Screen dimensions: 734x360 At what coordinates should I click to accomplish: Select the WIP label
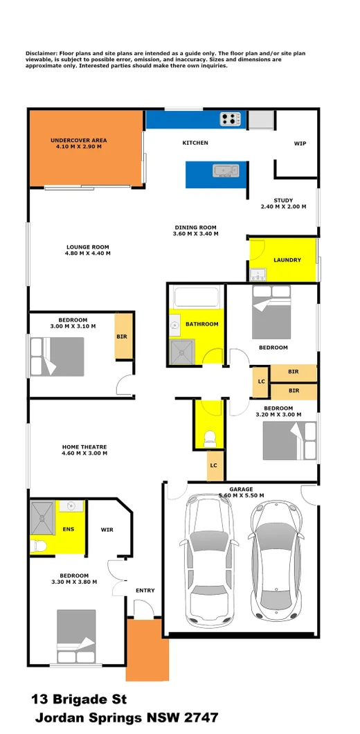[300, 144]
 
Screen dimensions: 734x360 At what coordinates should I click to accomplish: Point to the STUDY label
[283, 201]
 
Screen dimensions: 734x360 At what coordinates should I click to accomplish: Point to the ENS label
[69, 529]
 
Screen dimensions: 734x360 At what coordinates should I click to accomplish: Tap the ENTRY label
[145, 591]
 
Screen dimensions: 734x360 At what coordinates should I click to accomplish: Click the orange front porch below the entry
[147, 650]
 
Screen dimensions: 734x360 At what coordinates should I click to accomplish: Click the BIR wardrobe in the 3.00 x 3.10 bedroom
[123, 337]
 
